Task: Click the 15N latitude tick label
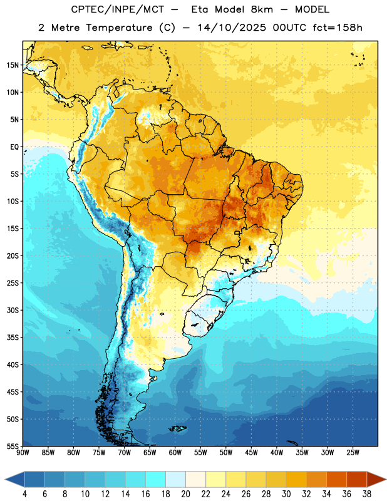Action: (x=13, y=65)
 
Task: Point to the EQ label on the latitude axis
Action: (x=14, y=147)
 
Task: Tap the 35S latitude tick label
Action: (x=13, y=338)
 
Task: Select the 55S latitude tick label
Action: (x=13, y=446)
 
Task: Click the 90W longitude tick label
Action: (x=23, y=453)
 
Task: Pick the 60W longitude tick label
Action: (x=175, y=453)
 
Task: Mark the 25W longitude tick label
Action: (x=353, y=453)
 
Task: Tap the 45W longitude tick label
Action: (x=252, y=453)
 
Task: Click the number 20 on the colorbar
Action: (x=185, y=494)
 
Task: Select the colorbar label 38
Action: (x=367, y=494)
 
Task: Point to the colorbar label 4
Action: (x=24, y=494)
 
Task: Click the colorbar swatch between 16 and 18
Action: (x=156, y=479)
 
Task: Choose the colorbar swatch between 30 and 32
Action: (x=297, y=479)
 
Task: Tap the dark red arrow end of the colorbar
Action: (x=376, y=479)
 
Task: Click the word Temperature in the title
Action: (x=119, y=28)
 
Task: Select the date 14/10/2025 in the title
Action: (x=232, y=28)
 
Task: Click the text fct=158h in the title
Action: (x=338, y=28)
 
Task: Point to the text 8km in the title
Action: (x=262, y=9)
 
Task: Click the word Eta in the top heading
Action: (x=199, y=9)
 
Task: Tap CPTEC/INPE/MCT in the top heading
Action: (x=117, y=9)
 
